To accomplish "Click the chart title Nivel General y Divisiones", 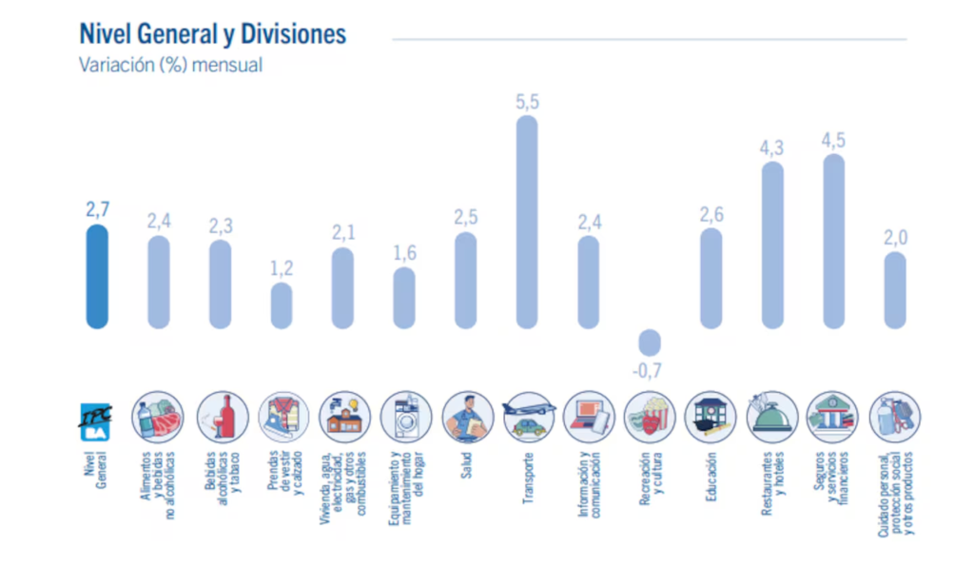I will click(212, 35).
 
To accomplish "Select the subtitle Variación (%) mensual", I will click(170, 66).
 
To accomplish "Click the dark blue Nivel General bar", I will click(97, 276).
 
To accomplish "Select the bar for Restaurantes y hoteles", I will click(772, 244).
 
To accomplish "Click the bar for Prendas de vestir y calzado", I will click(282, 304).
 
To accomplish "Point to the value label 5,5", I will click(527, 102).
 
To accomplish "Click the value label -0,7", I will click(648, 372).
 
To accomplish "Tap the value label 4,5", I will click(833, 141).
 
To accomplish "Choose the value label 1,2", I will click(282, 268).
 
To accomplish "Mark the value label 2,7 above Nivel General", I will click(97, 210).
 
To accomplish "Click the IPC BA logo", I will click(96, 418).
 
